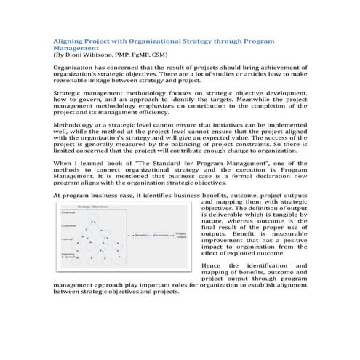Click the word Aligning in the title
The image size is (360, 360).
point(71,41)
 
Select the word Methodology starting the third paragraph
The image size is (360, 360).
point(77,124)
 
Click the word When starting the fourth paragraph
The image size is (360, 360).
point(63,166)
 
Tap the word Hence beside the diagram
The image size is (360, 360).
point(209,267)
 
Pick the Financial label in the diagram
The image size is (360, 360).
point(68,212)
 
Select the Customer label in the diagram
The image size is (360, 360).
point(68,225)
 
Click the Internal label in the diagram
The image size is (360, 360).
point(66,239)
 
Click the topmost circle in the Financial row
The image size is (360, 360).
point(94,216)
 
